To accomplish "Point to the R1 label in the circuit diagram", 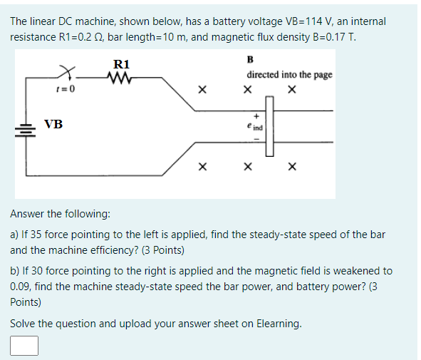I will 121,64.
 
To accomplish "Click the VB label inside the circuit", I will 53,125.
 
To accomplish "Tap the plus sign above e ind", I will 255,115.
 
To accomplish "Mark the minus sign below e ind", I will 255,139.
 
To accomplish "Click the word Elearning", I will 274,324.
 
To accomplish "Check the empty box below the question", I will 24,346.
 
